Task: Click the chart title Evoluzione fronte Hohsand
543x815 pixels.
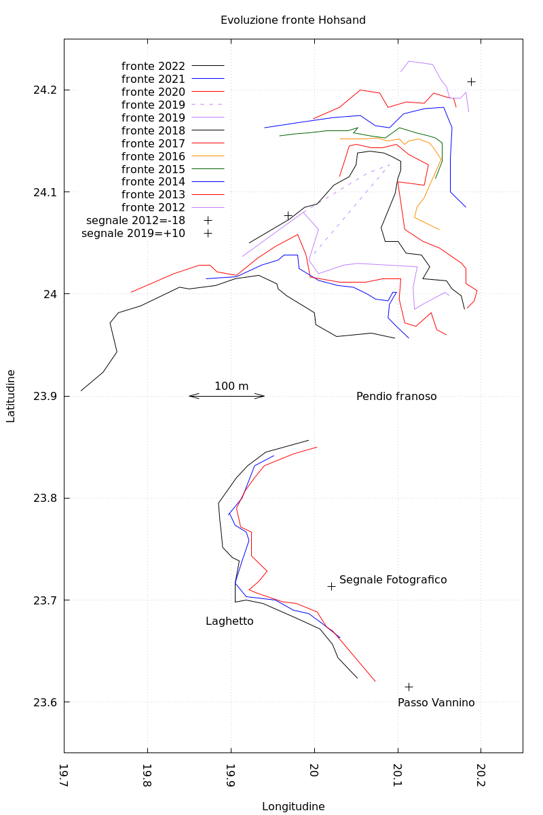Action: [293, 20]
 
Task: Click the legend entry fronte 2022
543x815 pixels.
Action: [153, 67]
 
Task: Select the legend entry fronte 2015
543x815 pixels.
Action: [153, 169]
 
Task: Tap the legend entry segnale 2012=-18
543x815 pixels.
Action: [136, 221]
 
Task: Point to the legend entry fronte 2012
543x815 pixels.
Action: [153, 208]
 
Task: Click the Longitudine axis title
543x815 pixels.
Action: [293, 807]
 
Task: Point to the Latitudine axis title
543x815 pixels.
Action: [11, 396]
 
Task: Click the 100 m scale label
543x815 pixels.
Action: [231, 386]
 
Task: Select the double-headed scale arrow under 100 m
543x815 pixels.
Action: [227, 396]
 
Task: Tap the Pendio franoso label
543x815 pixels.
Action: [396, 397]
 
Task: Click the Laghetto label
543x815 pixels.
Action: [229, 621]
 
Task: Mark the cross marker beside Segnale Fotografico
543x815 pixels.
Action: [331, 586]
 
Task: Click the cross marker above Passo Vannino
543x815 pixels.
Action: [409, 687]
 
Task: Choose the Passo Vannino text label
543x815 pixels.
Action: [436, 703]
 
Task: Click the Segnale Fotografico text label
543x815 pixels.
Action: [393, 580]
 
